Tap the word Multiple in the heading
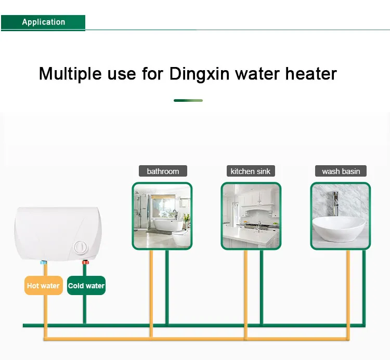[x=72, y=73]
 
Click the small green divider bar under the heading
[x=188, y=100]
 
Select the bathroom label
[x=163, y=171]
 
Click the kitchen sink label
[x=251, y=171]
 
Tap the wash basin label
[x=341, y=171]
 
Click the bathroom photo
[x=162, y=216]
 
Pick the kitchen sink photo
[x=251, y=216]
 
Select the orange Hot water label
[x=43, y=286]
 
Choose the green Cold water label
[x=86, y=286]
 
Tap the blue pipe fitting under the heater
[x=44, y=263]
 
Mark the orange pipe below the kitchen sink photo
[x=245, y=291]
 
